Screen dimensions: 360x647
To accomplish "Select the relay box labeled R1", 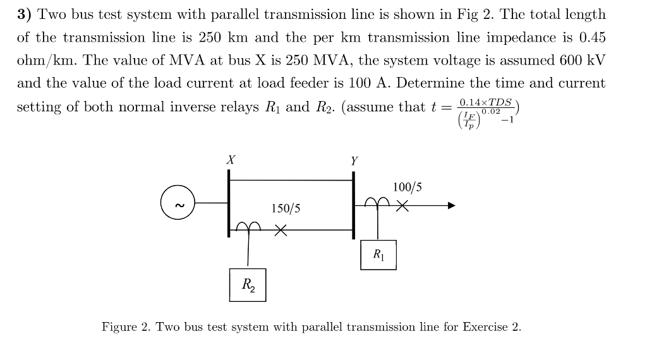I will click(378, 255).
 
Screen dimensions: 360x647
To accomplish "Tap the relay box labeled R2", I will click(247, 285).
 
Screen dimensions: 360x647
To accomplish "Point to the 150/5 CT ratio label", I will click(286, 208).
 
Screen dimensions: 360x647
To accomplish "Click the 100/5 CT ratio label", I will click(407, 187).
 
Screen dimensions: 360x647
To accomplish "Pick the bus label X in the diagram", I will click(231, 160).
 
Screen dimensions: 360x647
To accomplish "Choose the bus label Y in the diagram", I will click(354, 161).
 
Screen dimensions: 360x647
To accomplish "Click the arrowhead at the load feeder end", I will click(451, 205).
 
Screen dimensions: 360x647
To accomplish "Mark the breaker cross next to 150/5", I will click(281, 231).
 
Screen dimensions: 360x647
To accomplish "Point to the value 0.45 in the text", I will click(591, 37).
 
